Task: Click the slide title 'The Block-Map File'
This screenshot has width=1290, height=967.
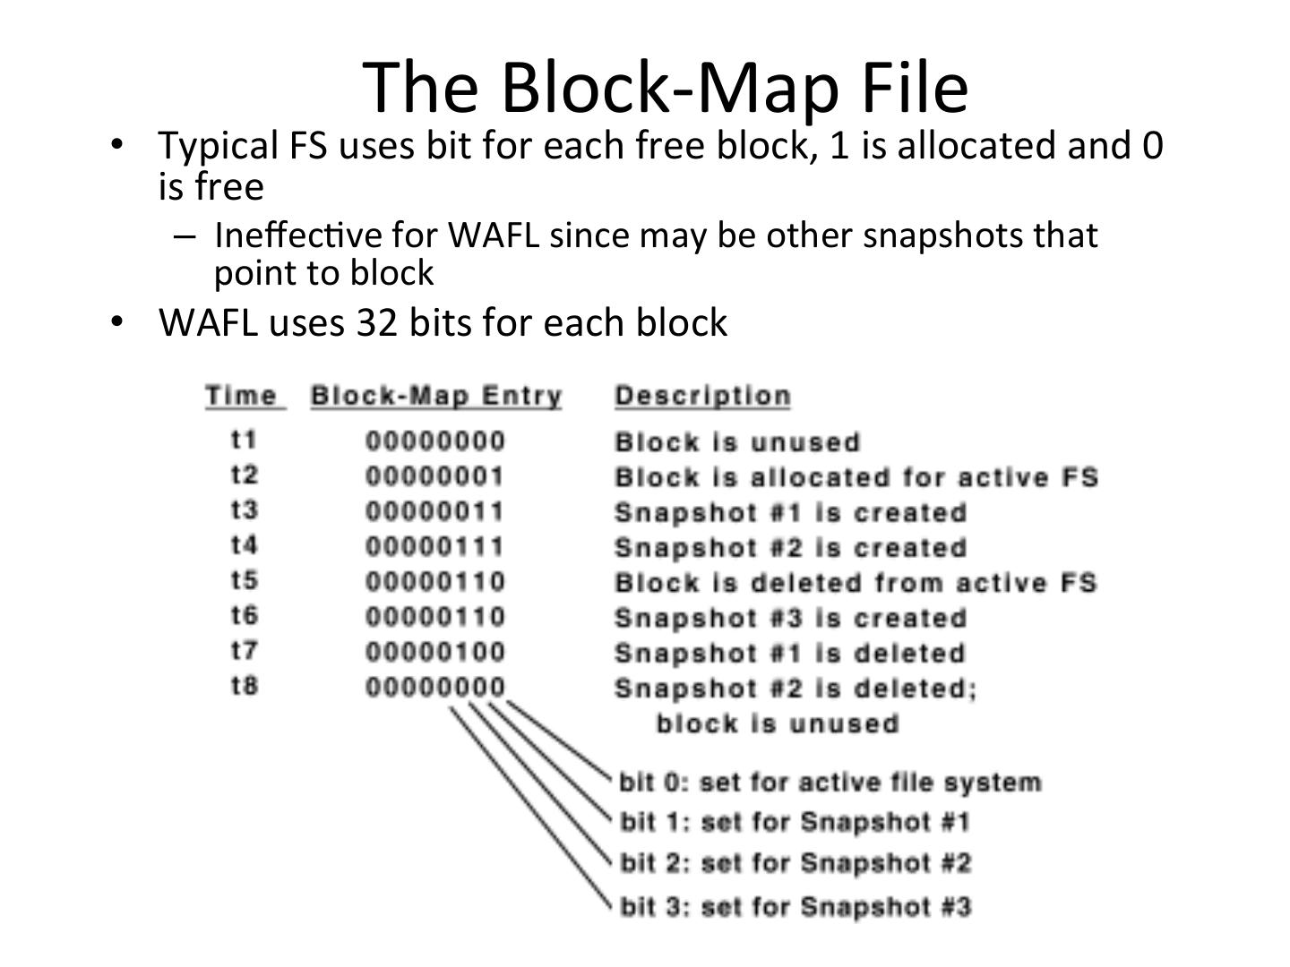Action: pyautogui.click(x=666, y=87)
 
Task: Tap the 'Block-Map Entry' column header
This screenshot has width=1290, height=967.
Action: pyautogui.click(x=436, y=396)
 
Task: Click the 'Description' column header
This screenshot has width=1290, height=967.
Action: pyautogui.click(x=702, y=396)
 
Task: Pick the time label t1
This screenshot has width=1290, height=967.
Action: pyautogui.click(x=244, y=440)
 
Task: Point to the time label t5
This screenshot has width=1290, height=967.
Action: pyautogui.click(x=244, y=580)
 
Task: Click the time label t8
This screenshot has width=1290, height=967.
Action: pyautogui.click(x=244, y=686)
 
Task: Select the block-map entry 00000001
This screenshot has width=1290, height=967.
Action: pyautogui.click(x=435, y=475)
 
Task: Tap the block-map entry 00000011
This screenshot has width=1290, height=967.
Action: pyautogui.click(x=435, y=511)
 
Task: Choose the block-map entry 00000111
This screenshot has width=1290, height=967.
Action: pyautogui.click(x=435, y=546)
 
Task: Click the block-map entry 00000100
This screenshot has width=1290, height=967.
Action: pyautogui.click(x=435, y=652)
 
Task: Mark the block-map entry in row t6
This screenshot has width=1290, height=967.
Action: pyautogui.click(x=435, y=617)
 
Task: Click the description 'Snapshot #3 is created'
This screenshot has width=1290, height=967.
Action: pyautogui.click(x=790, y=618)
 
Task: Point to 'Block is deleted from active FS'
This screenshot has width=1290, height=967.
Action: pyautogui.click(x=856, y=583)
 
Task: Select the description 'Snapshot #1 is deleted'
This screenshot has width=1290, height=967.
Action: pyautogui.click(x=789, y=653)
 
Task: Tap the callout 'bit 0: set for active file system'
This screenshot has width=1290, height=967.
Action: pyautogui.click(x=830, y=783)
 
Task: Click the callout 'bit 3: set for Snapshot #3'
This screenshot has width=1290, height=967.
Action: pyautogui.click(x=795, y=907)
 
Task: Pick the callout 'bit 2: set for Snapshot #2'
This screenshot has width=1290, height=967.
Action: pyautogui.click(x=795, y=863)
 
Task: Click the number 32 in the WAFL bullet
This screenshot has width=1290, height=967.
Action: pyautogui.click(x=377, y=322)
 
